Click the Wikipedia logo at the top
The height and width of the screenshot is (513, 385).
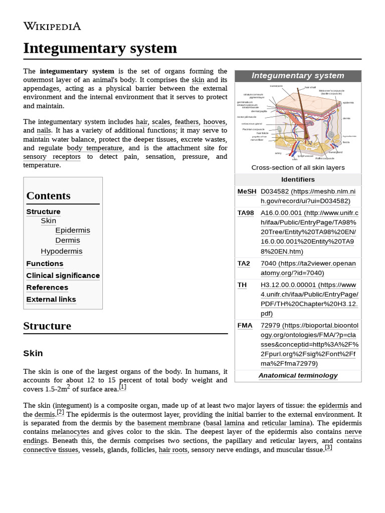[x=52, y=27]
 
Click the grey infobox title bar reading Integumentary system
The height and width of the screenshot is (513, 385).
[x=298, y=76]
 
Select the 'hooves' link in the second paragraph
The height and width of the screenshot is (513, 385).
[x=215, y=122]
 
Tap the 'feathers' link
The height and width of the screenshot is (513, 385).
[x=186, y=122]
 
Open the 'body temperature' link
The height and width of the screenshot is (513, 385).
[x=94, y=148]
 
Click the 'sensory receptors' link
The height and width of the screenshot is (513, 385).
[x=52, y=157]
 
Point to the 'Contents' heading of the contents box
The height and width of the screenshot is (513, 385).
[x=48, y=196]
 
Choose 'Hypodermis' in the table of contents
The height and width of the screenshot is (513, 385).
[x=62, y=251]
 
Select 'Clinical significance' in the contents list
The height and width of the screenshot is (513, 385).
[x=63, y=276]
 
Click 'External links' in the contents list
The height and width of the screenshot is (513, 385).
[x=51, y=300]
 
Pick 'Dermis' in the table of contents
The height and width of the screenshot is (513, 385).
[x=68, y=240]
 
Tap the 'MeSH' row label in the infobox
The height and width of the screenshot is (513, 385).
[x=247, y=192]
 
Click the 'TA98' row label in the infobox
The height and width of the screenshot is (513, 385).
[x=246, y=213]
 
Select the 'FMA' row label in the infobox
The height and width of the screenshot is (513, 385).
[x=245, y=326]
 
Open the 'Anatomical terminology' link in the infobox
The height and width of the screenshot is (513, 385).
[x=298, y=375]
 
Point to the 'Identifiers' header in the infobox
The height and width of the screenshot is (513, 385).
[x=298, y=179]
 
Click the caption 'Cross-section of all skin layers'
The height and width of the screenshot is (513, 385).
[x=298, y=168]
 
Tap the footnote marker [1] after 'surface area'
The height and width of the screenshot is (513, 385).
[x=122, y=387]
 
